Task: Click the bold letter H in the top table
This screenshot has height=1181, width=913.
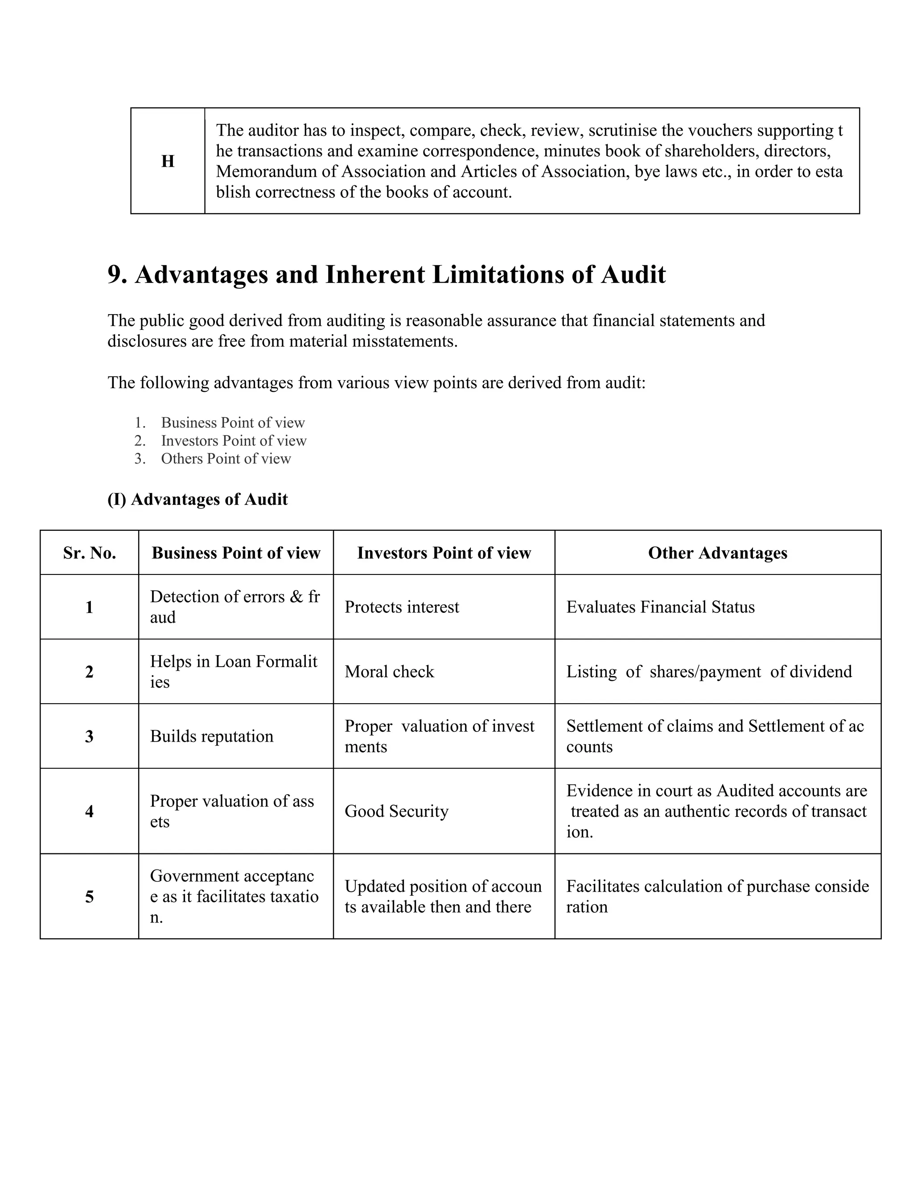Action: click(168, 161)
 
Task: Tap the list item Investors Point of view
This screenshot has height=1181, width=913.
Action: click(233, 441)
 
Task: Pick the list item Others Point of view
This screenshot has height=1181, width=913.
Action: click(226, 459)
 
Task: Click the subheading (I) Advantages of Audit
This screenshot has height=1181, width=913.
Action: click(197, 499)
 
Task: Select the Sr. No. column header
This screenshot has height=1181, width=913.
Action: click(89, 553)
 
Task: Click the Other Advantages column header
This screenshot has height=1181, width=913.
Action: click(717, 553)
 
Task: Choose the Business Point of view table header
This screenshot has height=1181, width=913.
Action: click(236, 553)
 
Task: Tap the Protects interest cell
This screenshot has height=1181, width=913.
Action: click(401, 607)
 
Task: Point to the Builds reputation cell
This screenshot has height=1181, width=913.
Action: click(211, 736)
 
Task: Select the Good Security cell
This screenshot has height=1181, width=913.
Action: click(396, 811)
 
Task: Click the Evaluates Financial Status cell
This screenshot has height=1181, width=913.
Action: click(660, 607)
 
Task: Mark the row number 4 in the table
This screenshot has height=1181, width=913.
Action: click(89, 811)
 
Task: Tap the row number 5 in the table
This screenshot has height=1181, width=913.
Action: click(89, 897)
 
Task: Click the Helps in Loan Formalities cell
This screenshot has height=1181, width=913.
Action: click(234, 672)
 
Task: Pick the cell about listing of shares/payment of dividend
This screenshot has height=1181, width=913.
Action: click(708, 672)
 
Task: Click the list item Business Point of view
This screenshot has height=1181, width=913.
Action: click(233, 422)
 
